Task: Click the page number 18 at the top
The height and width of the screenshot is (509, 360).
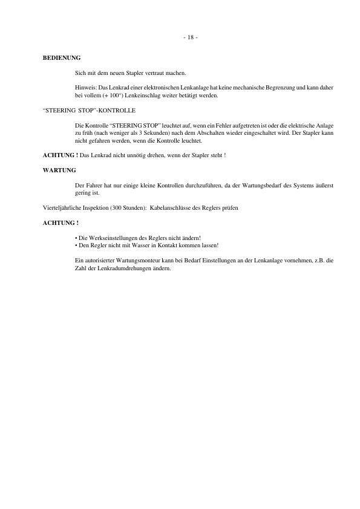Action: coord(190,37)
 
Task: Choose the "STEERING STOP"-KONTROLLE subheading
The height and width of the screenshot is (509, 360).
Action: coord(89,111)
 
